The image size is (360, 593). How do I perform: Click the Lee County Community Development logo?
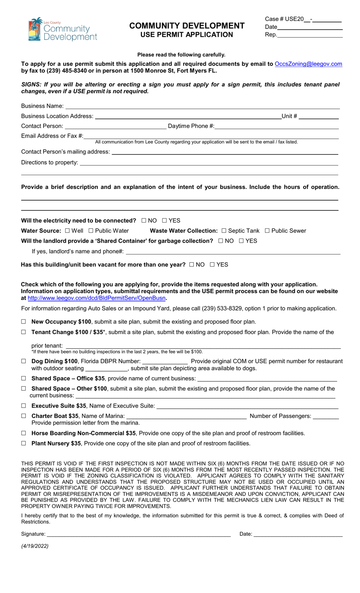pyautogui.click(x=63, y=29)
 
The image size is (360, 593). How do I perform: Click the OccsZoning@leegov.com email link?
pyautogui.click(x=308, y=64)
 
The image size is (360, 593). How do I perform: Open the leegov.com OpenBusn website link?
pyautogui.click(x=97, y=298)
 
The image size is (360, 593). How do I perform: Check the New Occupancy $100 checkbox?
pyautogui.click(x=23, y=322)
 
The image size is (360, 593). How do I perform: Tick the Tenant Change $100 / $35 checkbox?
pyautogui.click(x=23, y=332)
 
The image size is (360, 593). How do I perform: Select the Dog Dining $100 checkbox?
pyautogui.click(x=23, y=361)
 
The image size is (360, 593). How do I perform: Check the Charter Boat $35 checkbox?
pyautogui.click(x=23, y=416)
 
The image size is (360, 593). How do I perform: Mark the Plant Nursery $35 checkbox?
pyautogui.click(x=23, y=443)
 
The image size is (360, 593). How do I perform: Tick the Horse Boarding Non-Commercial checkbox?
pyautogui.click(x=23, y=433)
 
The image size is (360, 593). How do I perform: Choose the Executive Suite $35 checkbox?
pyautogui.click(x=23, y=406)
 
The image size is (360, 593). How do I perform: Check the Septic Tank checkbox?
pyautogui.click(x=224, y=231)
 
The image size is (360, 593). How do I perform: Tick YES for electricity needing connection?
pyautogui.click(x=164, y=220)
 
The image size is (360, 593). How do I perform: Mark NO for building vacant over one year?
pyautogui.click(x=192, y=265)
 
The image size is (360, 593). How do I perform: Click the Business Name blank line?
pyautogui.click(x=202, y=107)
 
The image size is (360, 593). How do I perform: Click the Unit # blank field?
pyautogui.click(x=318, y=117)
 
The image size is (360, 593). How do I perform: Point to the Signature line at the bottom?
pyautogui.click(x=138, y=534)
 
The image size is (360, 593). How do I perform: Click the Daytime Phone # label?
pyautogui.click(x=191, y=126)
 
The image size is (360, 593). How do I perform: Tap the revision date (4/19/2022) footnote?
pyautogui.click(x=35, y=546)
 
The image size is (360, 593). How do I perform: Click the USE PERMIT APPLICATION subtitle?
pyautogui.click(x=186, y=35)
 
